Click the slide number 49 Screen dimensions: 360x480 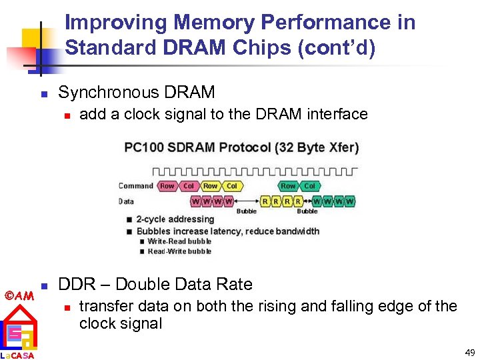[x=469, y=352]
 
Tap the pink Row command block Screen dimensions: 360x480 [x=167, y=186]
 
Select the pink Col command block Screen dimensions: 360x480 [x=189, y=186]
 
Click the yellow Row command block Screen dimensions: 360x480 [x=211, y=186]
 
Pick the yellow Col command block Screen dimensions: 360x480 [x=232, y=186]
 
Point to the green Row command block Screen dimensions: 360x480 [x=288, y=186]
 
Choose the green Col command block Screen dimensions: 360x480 [x=309, y=186]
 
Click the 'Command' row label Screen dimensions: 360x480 [x=136, y=186]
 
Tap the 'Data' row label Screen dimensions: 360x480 [x=127, y=201]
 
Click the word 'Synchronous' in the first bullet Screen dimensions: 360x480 [x=102, y=92]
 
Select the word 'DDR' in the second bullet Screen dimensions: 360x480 [x=75, y=285]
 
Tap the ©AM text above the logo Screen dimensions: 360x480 [x=19, y=295]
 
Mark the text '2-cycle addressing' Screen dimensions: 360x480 [x=175, y=219]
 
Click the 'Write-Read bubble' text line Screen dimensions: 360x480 [x=179, y=241]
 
